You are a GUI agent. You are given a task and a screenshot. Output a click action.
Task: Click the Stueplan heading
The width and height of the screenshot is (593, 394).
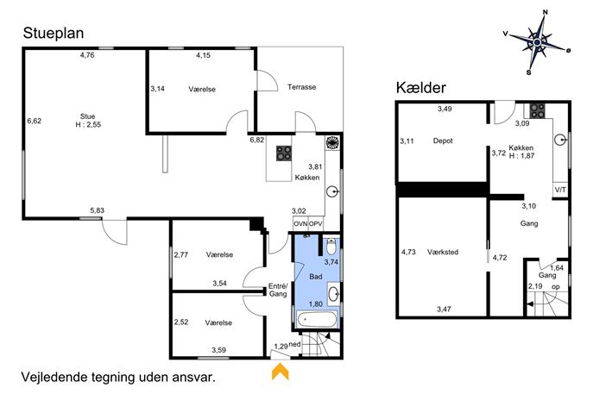54,34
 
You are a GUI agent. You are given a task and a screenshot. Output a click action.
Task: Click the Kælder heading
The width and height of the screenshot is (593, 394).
421,88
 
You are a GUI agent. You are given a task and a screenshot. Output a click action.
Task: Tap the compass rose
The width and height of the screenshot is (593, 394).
538,42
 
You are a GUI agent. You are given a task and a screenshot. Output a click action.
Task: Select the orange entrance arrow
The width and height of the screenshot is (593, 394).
281,371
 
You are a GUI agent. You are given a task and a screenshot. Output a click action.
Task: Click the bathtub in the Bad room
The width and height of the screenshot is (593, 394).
317,320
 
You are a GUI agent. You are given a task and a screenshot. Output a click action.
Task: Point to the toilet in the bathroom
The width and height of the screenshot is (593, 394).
331,247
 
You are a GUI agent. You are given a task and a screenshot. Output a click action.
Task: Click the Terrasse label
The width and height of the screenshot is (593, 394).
301,87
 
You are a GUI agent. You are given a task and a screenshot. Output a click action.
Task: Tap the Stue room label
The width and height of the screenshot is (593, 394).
88,116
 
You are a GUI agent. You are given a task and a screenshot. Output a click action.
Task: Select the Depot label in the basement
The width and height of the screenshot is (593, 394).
443,141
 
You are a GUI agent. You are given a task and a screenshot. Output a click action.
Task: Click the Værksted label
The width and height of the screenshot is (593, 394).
443,252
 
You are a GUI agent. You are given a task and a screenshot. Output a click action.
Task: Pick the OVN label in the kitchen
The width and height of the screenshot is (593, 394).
300,223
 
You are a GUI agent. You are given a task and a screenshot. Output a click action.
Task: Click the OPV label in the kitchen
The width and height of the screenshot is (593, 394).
315,223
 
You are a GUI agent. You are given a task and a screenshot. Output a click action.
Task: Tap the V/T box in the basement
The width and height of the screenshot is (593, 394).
560,190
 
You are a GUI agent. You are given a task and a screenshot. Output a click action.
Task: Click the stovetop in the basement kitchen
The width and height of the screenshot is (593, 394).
537,110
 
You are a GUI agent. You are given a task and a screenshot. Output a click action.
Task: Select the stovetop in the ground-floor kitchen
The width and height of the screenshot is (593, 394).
284,153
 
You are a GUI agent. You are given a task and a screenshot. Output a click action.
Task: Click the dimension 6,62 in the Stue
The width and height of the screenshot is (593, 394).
34,121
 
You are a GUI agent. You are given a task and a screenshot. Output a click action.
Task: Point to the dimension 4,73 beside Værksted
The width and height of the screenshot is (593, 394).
408,252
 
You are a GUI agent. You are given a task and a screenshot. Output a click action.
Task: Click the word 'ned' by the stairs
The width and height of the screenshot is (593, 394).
294,345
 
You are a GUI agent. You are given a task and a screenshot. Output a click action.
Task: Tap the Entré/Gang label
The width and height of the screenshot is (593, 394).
278,290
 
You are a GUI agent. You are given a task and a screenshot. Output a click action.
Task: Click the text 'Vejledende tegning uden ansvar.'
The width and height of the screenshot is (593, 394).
118,377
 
